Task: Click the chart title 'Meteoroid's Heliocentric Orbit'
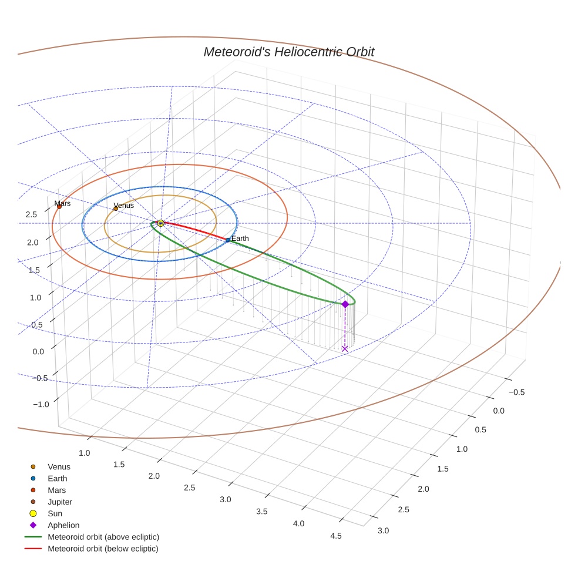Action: tap(288, 52)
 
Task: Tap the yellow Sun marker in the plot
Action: tap(160, 223)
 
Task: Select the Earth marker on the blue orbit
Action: tap(228, 240)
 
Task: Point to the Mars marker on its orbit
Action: tap(59, 207)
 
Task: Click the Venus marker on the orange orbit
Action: tap(116, 209)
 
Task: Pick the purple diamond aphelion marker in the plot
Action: tap(345, 304)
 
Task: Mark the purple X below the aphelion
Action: tap(345, 348)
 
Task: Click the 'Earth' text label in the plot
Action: tap(240, 238)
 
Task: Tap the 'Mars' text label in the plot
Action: tap(63, 203)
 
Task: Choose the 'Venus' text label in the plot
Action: tap(124, 205)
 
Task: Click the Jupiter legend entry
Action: tap(60, 502)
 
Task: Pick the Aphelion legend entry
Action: tap(63, 525)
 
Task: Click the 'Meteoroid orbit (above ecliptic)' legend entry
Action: tap(103, 537)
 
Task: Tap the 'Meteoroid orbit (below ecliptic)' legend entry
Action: tap(103, 549)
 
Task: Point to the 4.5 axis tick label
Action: tap(336, 536)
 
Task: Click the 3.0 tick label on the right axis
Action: tap(383, 530)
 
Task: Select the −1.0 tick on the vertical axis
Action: tap(41, 404)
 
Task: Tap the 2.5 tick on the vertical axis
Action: tap(31, 214)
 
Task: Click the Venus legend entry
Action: tap(59, 467)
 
